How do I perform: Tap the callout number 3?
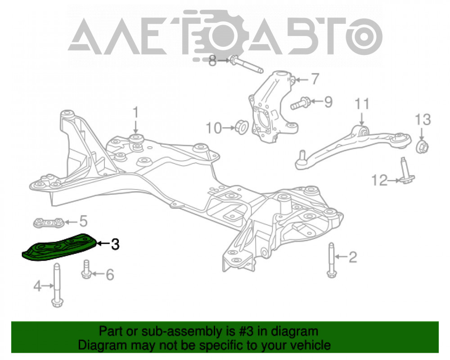115,244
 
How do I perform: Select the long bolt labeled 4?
57,285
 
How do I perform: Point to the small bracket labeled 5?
48,222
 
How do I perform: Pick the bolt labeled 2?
332,260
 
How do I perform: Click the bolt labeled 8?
247,65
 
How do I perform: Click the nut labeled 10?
242,127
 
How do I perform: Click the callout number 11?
362,104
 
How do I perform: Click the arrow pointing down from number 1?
136,126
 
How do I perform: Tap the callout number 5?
83,221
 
